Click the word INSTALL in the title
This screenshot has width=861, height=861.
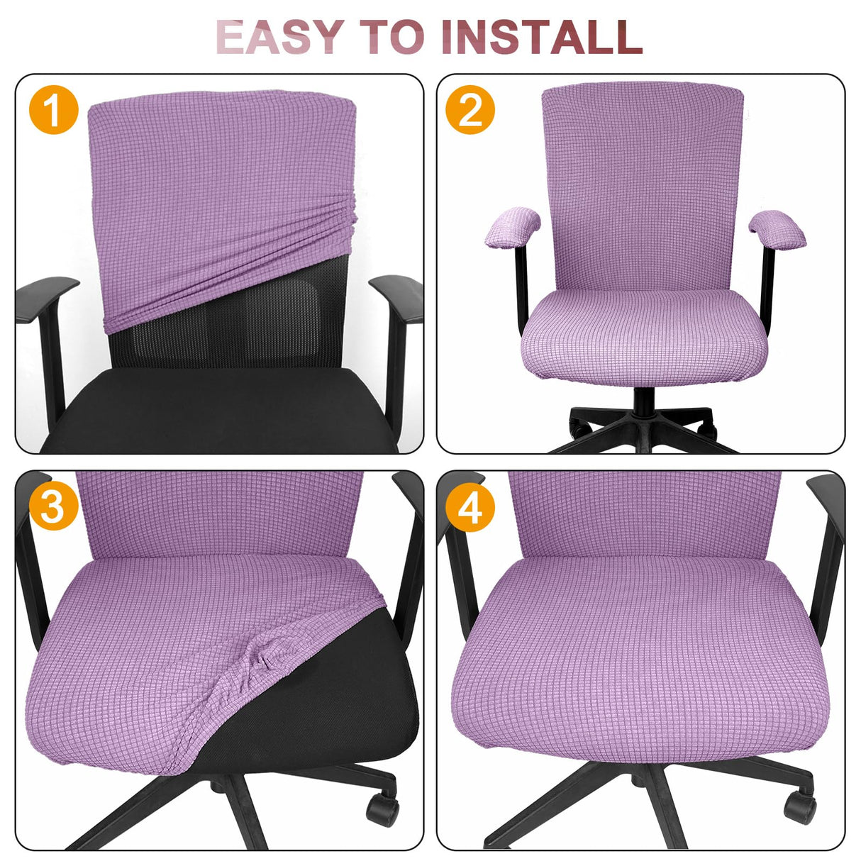(540, 37)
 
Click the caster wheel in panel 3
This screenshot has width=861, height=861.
(381, 809)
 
